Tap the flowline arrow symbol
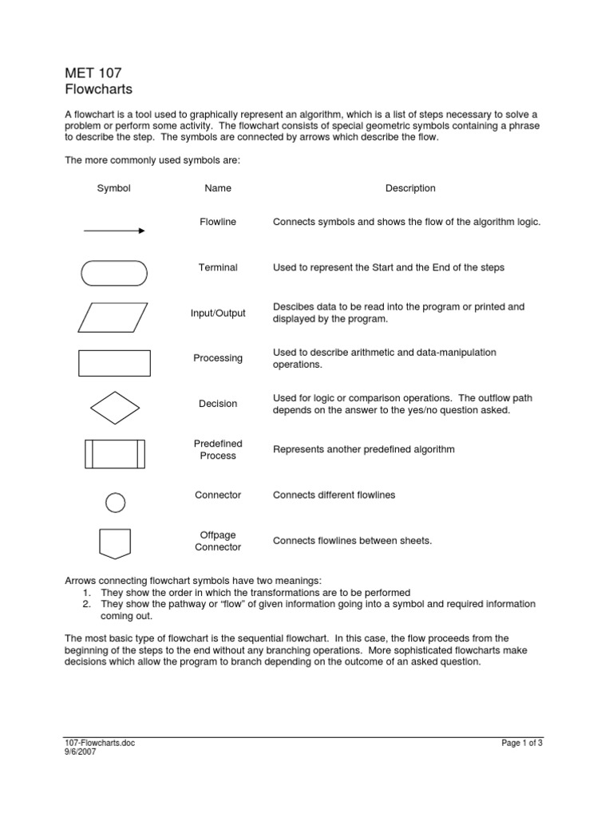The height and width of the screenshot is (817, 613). point(114,231)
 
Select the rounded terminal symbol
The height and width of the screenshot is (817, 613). point(114,273)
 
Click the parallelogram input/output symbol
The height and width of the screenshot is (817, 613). point(114,317)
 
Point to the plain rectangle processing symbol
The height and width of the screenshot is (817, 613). point(114,362)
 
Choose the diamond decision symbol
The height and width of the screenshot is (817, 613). point(115,408)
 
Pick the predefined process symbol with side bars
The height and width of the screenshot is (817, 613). point(114,453)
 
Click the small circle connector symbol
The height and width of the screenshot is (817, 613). point(116,503)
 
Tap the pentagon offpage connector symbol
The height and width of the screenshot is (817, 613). point(115,543)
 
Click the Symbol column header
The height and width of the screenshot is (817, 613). point(114,188)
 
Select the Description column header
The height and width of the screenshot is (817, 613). point(410,188)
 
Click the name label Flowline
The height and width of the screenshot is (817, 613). point(218,222)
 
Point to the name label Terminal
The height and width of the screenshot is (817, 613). point(218,267)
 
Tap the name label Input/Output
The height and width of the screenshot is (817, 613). point(218,314)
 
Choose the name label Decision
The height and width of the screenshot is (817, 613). point(218,404)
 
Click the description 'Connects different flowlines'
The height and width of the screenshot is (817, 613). point(334,495)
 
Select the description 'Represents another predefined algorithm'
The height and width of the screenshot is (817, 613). point(363,449)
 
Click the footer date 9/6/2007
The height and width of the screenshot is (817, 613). point(80,752)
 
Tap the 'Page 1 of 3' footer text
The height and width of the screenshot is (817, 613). point(522,744)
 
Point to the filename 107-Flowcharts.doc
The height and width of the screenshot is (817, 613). point(100,744)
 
